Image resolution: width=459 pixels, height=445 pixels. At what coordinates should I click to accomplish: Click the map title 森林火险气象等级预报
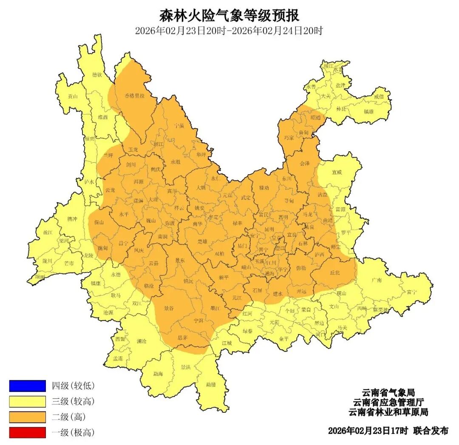[229, 16]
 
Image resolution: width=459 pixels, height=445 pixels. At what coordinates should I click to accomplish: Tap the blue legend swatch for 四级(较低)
[27, 385]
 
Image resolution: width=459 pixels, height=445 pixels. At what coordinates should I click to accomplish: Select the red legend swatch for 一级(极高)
[27, 432]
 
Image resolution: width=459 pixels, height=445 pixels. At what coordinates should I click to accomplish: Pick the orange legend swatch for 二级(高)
[27, 417]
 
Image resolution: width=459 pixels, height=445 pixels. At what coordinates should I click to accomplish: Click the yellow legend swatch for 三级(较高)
[27, 401]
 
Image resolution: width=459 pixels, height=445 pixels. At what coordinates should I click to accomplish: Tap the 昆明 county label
[269, 229]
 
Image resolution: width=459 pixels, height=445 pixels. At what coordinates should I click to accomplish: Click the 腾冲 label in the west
[73, 219]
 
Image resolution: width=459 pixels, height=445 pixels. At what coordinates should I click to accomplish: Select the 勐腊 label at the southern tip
[211, 384]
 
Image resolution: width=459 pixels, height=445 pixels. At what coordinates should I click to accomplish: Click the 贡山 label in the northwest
[73, 96]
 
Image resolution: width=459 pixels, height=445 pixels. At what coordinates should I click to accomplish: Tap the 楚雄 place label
[202, 241]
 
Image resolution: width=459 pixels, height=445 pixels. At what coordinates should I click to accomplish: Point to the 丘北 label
[335, 273]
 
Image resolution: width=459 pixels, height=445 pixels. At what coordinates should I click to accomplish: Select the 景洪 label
[186, 367]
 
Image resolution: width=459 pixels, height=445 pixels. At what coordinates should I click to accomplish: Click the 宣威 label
[337, 173]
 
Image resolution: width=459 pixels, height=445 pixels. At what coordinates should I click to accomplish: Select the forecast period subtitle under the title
[229, 31]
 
